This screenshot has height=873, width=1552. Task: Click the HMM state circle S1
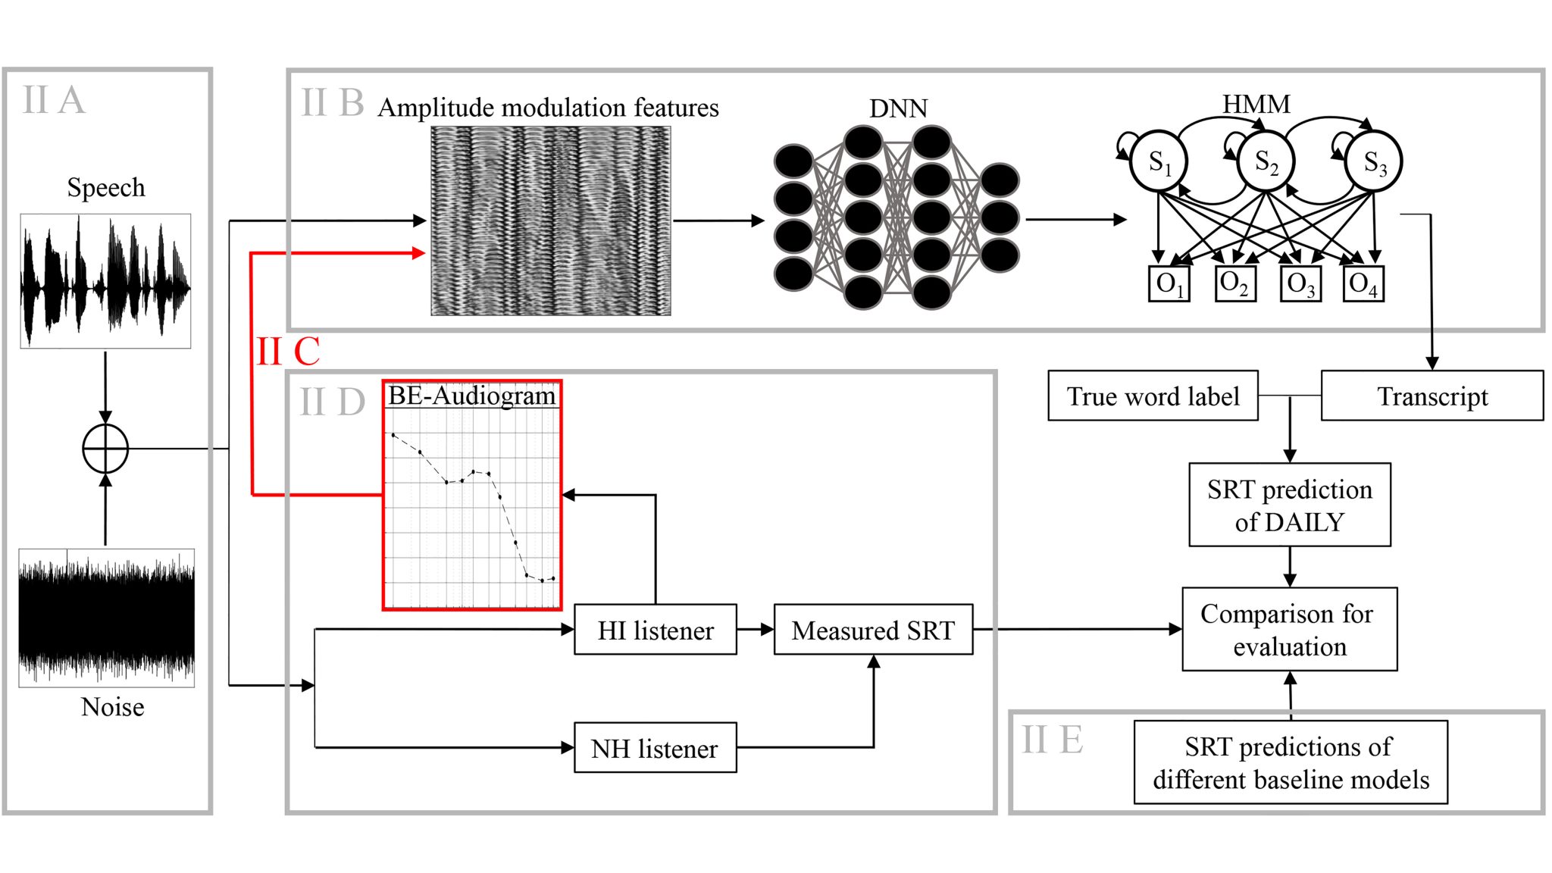click(1158, 161)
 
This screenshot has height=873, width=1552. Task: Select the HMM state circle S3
click(1373, 161)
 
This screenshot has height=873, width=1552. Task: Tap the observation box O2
click(1234, 284)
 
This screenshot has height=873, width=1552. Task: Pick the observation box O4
click(1363, 284)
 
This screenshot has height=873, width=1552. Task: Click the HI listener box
click(655, 630)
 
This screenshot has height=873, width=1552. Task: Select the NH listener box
click(655, 748)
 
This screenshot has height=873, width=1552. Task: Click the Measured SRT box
click(873, 630)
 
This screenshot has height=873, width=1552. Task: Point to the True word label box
click(1153, 396)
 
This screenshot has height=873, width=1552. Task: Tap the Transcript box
click(1432, 396)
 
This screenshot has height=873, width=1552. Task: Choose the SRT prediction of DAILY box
click(1289, 505)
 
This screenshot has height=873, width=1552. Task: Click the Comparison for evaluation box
click(1289, 629)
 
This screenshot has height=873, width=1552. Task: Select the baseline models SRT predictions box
click(1290, 762)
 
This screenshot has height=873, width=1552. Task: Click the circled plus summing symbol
click(105, 449)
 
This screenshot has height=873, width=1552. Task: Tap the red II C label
click(288, 352)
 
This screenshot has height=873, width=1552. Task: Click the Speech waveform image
click(105, 281)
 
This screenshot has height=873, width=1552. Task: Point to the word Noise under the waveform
click(112, 707)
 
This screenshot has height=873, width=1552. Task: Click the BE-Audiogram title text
click(471, 396)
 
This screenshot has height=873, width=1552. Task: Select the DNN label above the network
click(898, 108)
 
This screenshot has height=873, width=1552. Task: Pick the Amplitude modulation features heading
click(548, 108)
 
